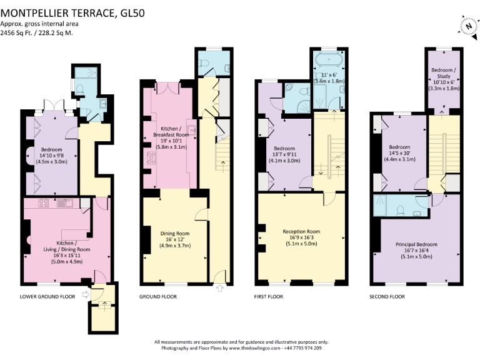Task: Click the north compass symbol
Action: pos(469,27)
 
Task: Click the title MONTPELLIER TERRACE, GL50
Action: pos(72,13)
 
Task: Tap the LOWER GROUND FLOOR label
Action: pos(47,296)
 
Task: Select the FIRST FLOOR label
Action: pos(269,296)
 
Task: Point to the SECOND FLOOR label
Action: pos(387,296)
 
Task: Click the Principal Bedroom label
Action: pos(416,244)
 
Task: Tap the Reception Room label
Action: pos(301,231)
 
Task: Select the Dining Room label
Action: pos(175,233)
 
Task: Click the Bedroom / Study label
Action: pos(444,73)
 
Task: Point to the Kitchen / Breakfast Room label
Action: pos(171,132)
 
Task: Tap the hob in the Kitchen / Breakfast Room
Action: pos(151,158)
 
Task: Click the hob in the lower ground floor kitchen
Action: pos(43,203)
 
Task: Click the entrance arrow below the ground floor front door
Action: pos(220,288)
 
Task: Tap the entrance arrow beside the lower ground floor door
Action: pos(86,294)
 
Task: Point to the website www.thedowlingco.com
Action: pos(254,348)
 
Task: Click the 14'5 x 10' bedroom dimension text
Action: pos(400,152)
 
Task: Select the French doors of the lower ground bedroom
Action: pos(54,105)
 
